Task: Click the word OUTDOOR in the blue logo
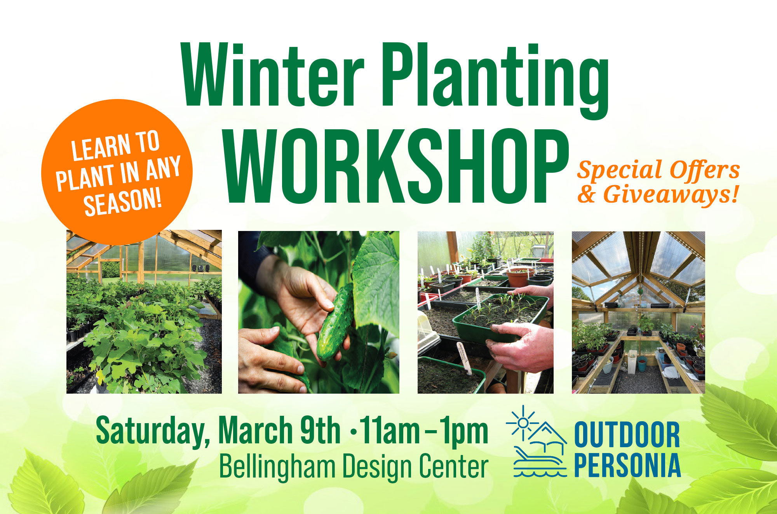(627, 435)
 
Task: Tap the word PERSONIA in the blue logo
(627, 465)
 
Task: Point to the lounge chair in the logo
(538, 458)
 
